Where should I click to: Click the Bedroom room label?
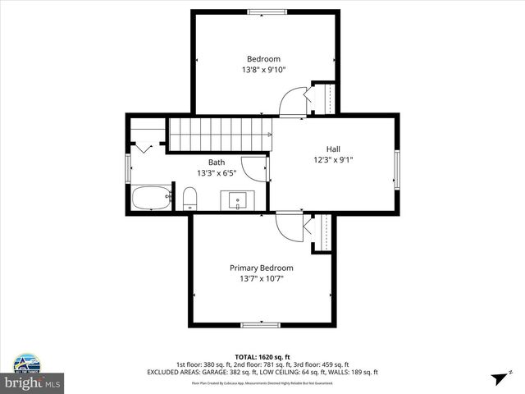click(x=263, y=58)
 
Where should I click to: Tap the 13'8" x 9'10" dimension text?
click(x=263, y=70)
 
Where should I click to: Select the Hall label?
click(x=333, y=149)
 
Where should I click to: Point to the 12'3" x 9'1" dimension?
click(x=333, y=160)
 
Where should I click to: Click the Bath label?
click(x=216, y=163)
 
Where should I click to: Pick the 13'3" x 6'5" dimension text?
click(x=216, y=173)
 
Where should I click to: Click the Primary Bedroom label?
click(x=261, y=268)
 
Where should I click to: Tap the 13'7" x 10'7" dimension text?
click(x=261, y=279)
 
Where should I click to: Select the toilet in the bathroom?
click(x=190, y=198)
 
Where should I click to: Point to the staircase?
click(x=219, y=132)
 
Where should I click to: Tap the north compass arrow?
click(x=498, y=378)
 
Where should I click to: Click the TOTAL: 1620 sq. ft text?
click(x=262, y=357)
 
